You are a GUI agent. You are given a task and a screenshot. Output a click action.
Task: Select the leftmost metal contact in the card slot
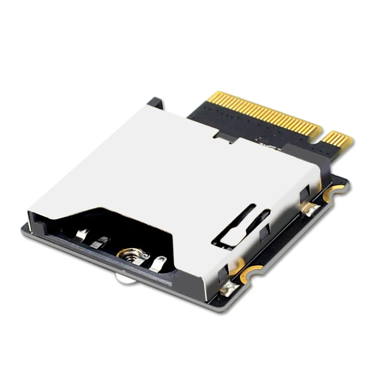83,233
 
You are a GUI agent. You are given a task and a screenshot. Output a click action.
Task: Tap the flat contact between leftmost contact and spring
100,242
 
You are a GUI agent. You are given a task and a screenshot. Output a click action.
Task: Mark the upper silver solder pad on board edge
310,209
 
